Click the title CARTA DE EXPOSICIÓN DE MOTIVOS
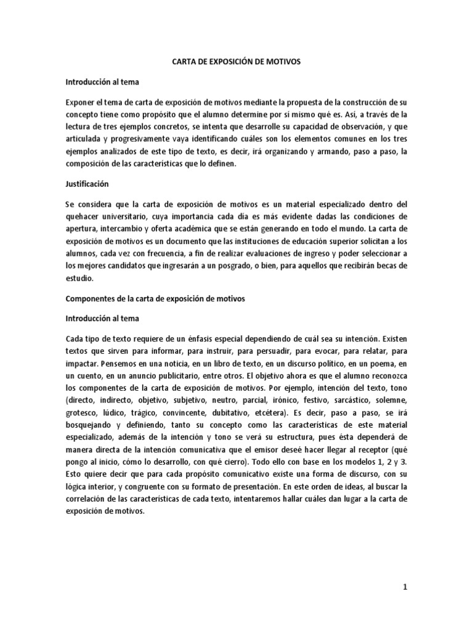point(236,62)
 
